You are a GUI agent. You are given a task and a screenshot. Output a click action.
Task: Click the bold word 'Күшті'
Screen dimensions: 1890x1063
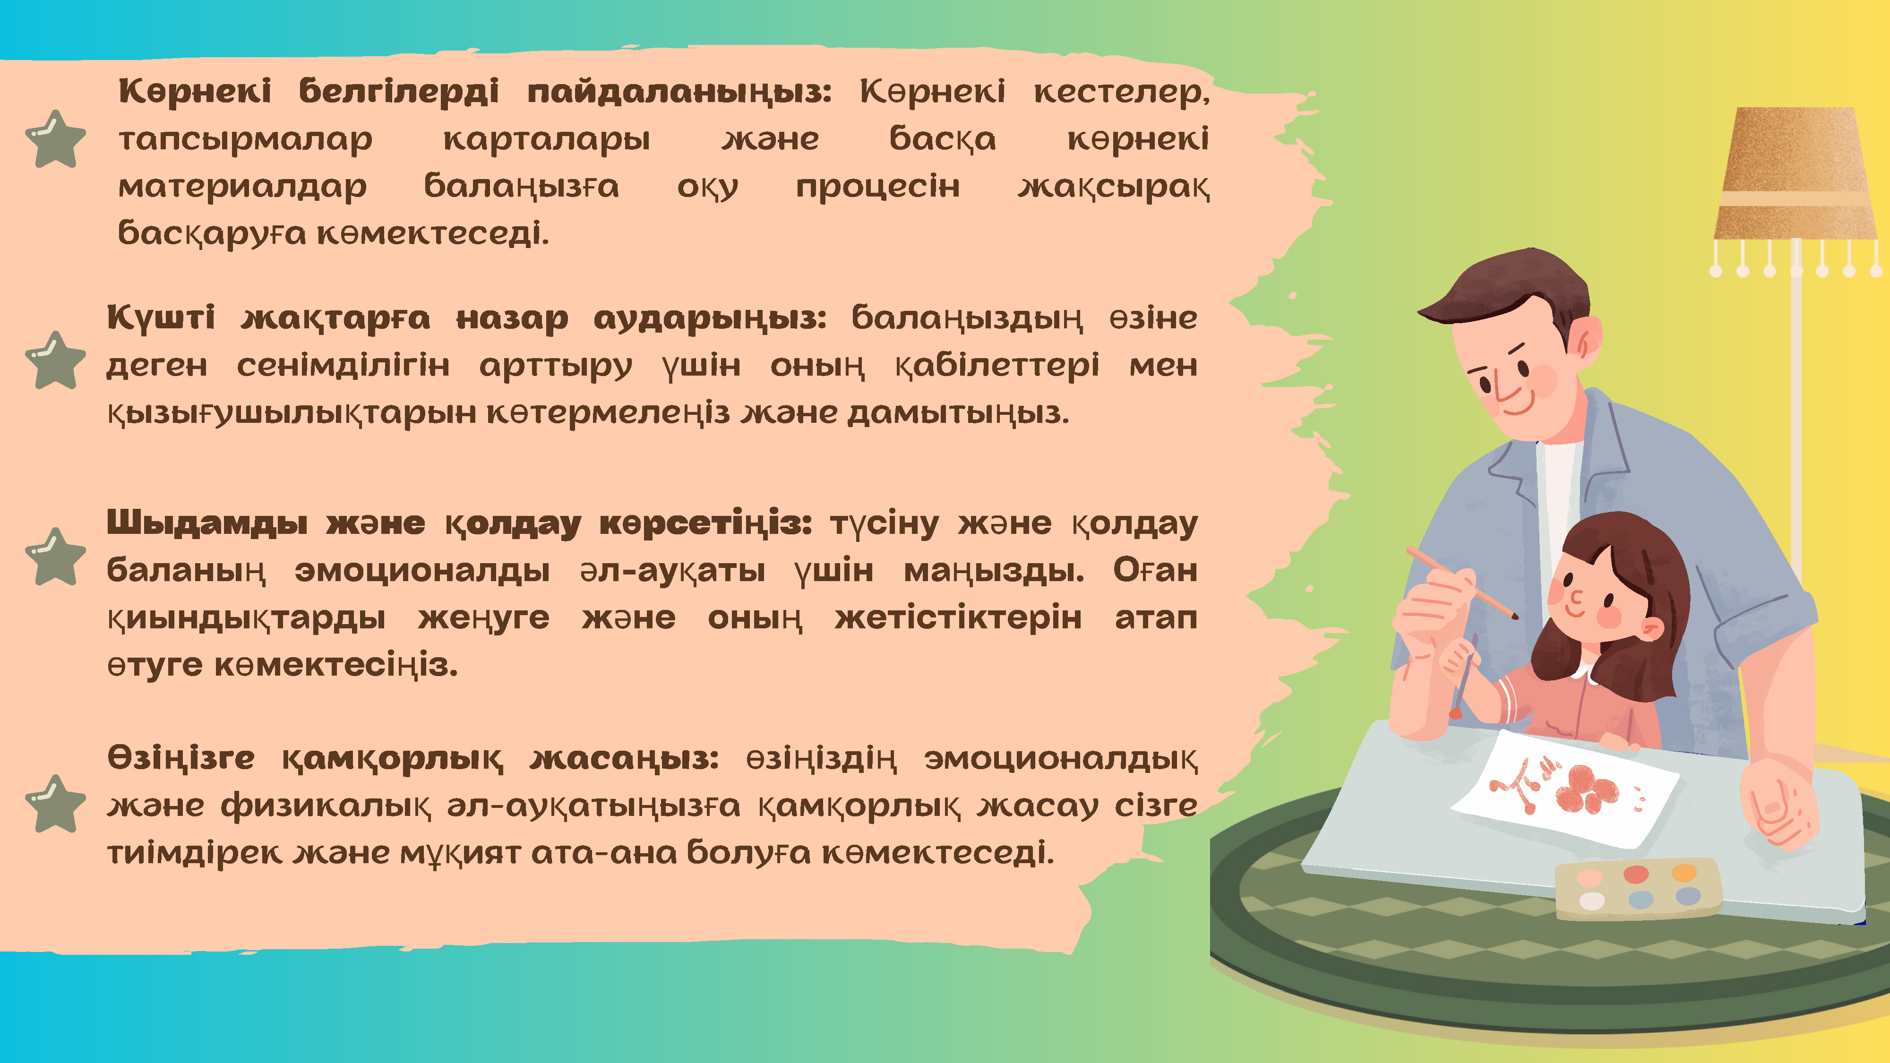click(161, 317)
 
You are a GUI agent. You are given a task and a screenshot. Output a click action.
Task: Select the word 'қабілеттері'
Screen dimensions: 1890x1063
click(997, 365)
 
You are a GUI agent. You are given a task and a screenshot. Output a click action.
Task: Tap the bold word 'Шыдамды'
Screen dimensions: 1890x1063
click(207, 524)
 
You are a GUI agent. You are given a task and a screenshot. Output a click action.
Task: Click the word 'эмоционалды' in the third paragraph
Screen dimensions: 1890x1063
click(422, 570)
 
